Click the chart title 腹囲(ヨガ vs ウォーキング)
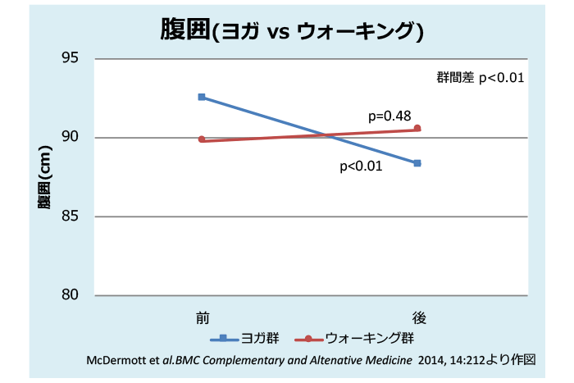coord(290,31)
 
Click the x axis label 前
coord(202,316)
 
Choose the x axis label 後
coord(418,316)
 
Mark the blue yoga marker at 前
coord(202,97)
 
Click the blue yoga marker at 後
coord(417,163)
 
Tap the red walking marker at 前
coord(202,139)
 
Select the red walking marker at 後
coord(417,128)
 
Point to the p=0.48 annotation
coord(389,115)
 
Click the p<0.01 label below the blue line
coord(361,166)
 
